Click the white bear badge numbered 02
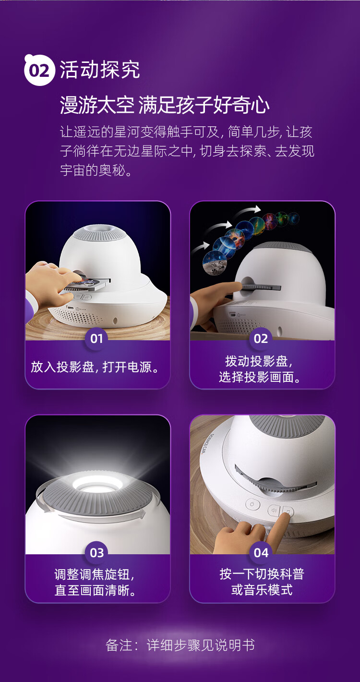39,70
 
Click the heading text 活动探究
100,70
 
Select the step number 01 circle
96,339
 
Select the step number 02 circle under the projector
261,339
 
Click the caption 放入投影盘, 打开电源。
95,367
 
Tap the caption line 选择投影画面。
260,377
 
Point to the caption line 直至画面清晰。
96,590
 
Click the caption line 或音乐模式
262,590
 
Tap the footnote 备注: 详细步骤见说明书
180,645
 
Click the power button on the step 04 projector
252,504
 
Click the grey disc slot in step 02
260,287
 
